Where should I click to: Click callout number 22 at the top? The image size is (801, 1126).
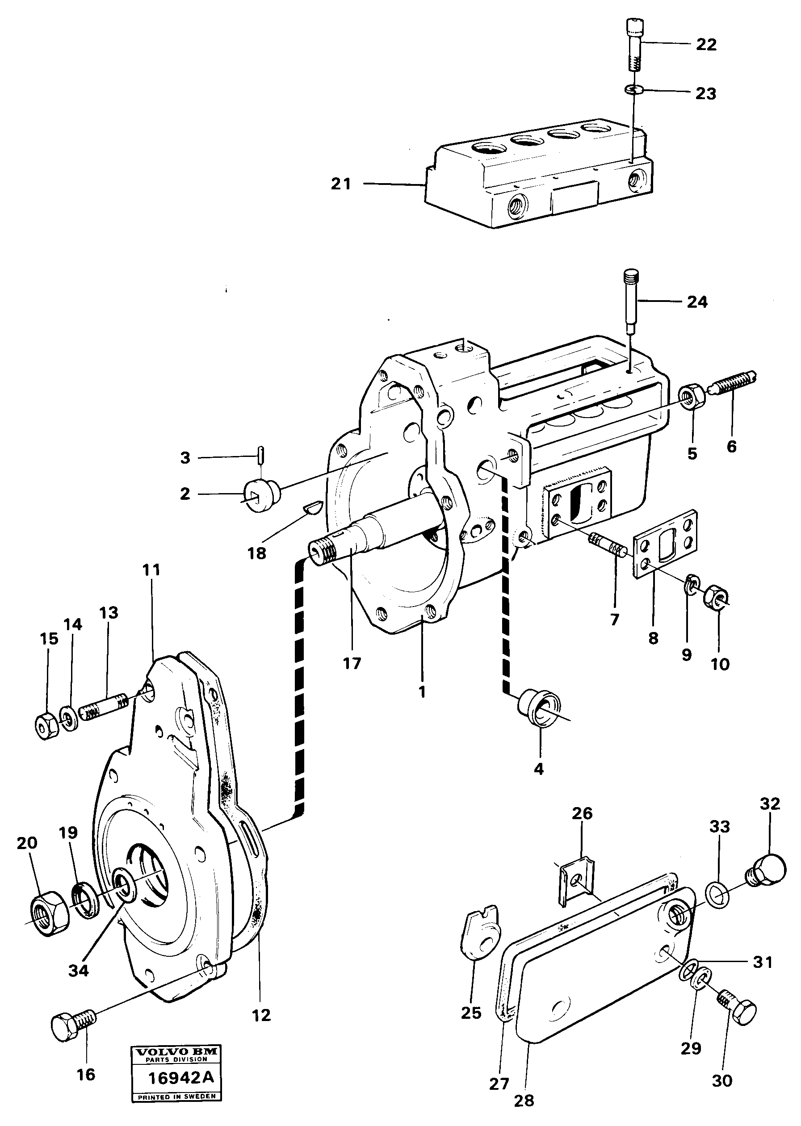706,44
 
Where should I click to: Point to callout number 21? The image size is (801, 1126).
341,184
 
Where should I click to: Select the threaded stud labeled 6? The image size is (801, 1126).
734,382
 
